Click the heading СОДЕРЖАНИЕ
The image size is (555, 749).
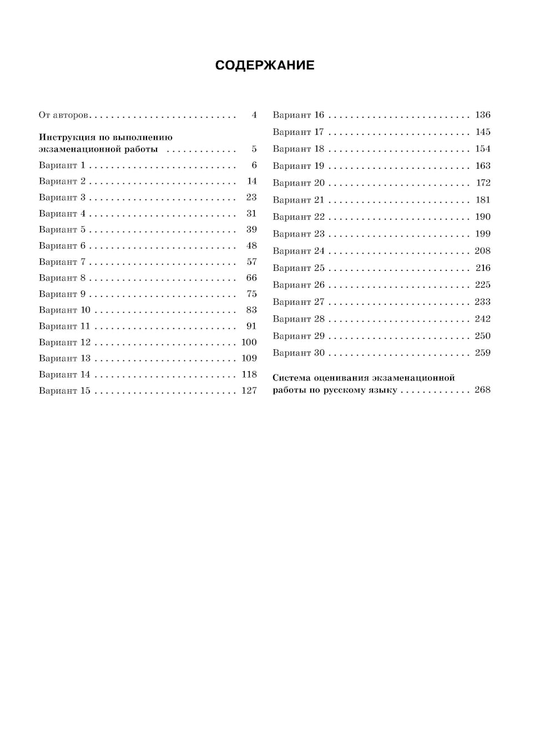(265, 66)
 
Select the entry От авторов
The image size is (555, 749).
(63, 115)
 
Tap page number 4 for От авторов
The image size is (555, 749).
(254, 115)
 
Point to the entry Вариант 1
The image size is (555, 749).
(62, 165)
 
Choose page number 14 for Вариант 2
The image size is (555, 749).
(252, 181)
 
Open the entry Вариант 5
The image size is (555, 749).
(62, 229)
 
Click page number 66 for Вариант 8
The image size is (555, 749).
(251, 278)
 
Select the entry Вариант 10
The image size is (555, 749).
(64, 310)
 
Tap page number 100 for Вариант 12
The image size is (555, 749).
(249, 342)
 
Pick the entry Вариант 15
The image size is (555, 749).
(64, 390)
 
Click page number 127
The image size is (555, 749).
(249, 390)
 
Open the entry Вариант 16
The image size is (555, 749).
(298, 115)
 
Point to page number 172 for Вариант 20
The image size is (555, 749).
(483, 183)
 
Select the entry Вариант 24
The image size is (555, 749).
(298, 251)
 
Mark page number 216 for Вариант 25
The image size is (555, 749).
(483, 268)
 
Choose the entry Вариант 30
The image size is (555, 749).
(298, 353)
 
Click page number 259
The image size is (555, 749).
(483, 353)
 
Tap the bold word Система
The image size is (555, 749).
(292, 378)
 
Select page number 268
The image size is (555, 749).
(483, 390)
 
